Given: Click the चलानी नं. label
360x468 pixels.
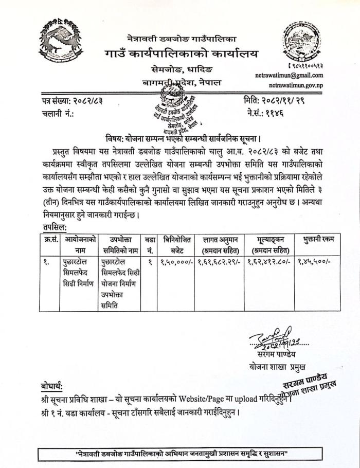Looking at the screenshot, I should click(x=58, y=113).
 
